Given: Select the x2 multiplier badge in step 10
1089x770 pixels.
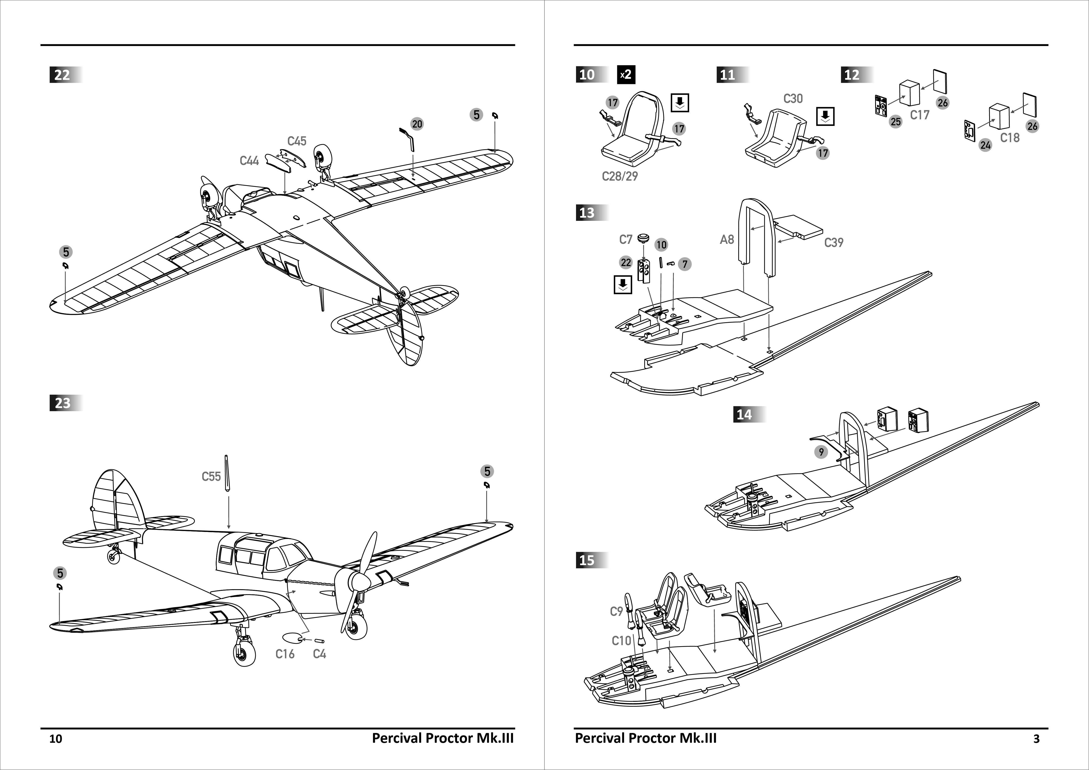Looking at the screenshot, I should tap(626, 74).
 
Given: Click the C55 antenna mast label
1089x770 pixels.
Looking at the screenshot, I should tap(211, 477).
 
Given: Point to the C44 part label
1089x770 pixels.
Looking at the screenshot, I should tap(249, 161).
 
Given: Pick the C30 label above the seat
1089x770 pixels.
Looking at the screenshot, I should tap(792, 99).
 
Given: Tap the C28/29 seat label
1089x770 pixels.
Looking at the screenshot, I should tap(619, 176).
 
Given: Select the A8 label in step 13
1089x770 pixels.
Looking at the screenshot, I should tap(727, 239).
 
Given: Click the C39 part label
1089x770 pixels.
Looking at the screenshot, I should tap(833, 243).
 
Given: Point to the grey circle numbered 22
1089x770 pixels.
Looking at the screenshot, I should tap(626, 262).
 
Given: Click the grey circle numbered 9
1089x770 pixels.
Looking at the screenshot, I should tap(821, 452).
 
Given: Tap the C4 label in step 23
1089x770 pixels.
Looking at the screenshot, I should tap(319, 654).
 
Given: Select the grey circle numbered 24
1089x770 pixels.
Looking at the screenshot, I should tap(985, 145).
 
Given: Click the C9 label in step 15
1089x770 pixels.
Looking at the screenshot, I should tap(616, 612).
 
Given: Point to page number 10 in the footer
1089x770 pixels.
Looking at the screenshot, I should tap(55, 739).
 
